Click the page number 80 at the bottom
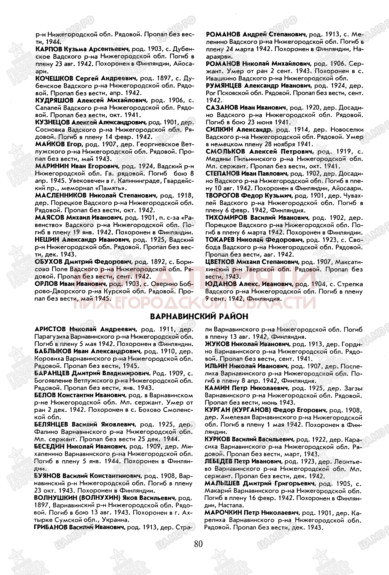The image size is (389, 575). (199, 544)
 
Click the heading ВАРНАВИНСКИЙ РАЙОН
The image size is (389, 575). (199, 317)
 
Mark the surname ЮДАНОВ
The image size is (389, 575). (219, 284)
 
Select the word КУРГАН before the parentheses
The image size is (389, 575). (216, 410)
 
